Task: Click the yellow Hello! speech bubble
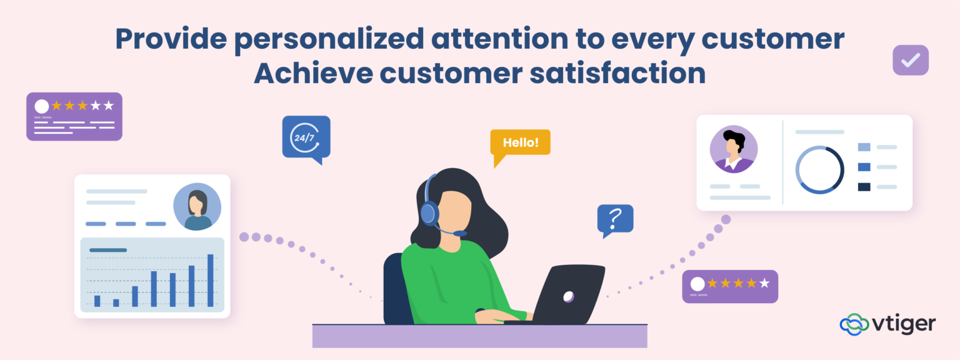520,142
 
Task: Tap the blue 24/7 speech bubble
306,137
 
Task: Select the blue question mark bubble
615,219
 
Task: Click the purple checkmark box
910,60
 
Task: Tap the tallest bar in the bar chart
211,280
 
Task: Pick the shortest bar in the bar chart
116,302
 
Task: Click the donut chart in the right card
819,170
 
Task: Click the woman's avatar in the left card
197,207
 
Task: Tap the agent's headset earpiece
428,213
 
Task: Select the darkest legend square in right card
864,186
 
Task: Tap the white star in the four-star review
764,284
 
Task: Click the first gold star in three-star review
56,105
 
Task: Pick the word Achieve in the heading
310,73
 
